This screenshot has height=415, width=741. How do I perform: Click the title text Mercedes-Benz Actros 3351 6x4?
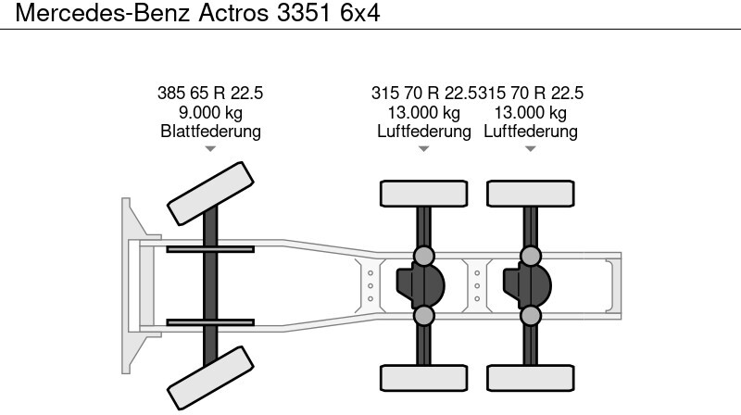(197, 13)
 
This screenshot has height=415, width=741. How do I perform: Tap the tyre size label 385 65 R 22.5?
(210, 94)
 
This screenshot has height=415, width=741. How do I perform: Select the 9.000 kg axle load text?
(210, 112)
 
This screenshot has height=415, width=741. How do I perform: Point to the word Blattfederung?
(210, 131)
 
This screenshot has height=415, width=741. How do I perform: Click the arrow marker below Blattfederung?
(210, 149)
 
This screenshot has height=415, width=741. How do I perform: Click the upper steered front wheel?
(210, 194)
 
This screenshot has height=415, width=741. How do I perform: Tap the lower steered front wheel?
(210, 378)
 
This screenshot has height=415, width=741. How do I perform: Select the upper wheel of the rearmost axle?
(530, 194)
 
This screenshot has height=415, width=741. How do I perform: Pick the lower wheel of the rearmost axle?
(530, 378)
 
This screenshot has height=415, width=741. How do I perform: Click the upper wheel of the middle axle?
(424, 194)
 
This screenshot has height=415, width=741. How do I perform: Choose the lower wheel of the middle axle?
(424, 378)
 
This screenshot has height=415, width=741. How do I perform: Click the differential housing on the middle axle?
(421, 285)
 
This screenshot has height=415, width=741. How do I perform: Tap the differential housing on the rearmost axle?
(527, 285)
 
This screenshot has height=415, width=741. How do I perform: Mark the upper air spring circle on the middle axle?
(424, 256)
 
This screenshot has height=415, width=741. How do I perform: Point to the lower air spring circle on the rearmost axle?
(530, 315)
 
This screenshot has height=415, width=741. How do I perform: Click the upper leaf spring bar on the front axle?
(210, 249)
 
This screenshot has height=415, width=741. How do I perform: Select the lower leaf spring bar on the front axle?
(210, 322)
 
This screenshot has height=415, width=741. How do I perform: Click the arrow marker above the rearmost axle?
(530, 149)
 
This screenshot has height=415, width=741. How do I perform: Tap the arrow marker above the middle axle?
(424, 149)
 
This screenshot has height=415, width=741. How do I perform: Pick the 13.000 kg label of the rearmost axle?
(530, 112)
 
